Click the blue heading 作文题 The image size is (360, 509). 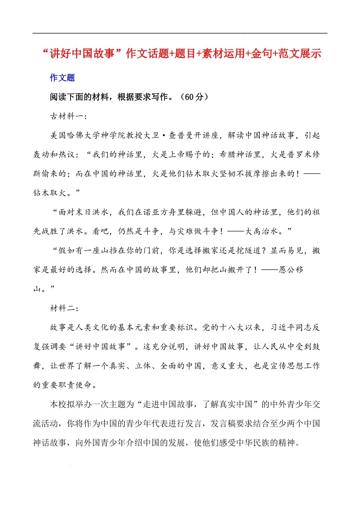click(x=62, y=78)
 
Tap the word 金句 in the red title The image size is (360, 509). click(x=261, y=53)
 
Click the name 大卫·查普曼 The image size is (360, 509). click(x=168, y=136)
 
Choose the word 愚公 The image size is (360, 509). click(x=286, y=270)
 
